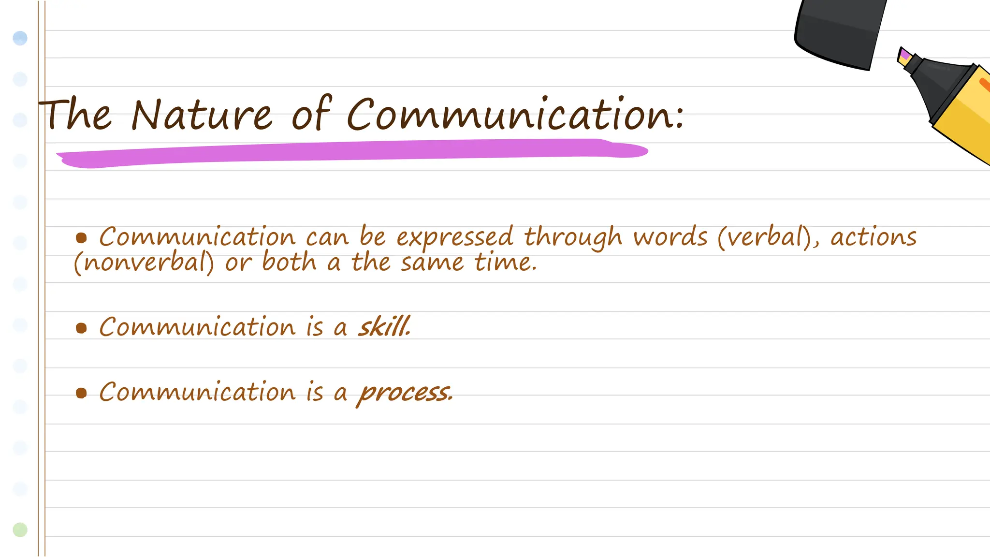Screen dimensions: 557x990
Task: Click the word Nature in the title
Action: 201,115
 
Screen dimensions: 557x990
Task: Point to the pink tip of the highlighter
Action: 904,55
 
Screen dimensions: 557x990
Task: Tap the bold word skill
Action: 384,327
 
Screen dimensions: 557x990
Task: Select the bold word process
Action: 405,392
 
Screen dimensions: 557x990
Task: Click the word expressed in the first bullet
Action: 454,237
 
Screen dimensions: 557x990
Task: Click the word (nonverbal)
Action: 144,263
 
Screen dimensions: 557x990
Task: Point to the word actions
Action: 873,237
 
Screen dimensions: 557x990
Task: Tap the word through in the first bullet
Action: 573,237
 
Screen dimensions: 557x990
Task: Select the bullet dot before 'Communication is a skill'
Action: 81,328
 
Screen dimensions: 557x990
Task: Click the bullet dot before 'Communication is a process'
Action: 81,393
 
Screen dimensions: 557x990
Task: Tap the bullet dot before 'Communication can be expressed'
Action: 81,237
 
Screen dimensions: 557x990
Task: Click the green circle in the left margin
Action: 20,529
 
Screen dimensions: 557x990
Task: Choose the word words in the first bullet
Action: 670,237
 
